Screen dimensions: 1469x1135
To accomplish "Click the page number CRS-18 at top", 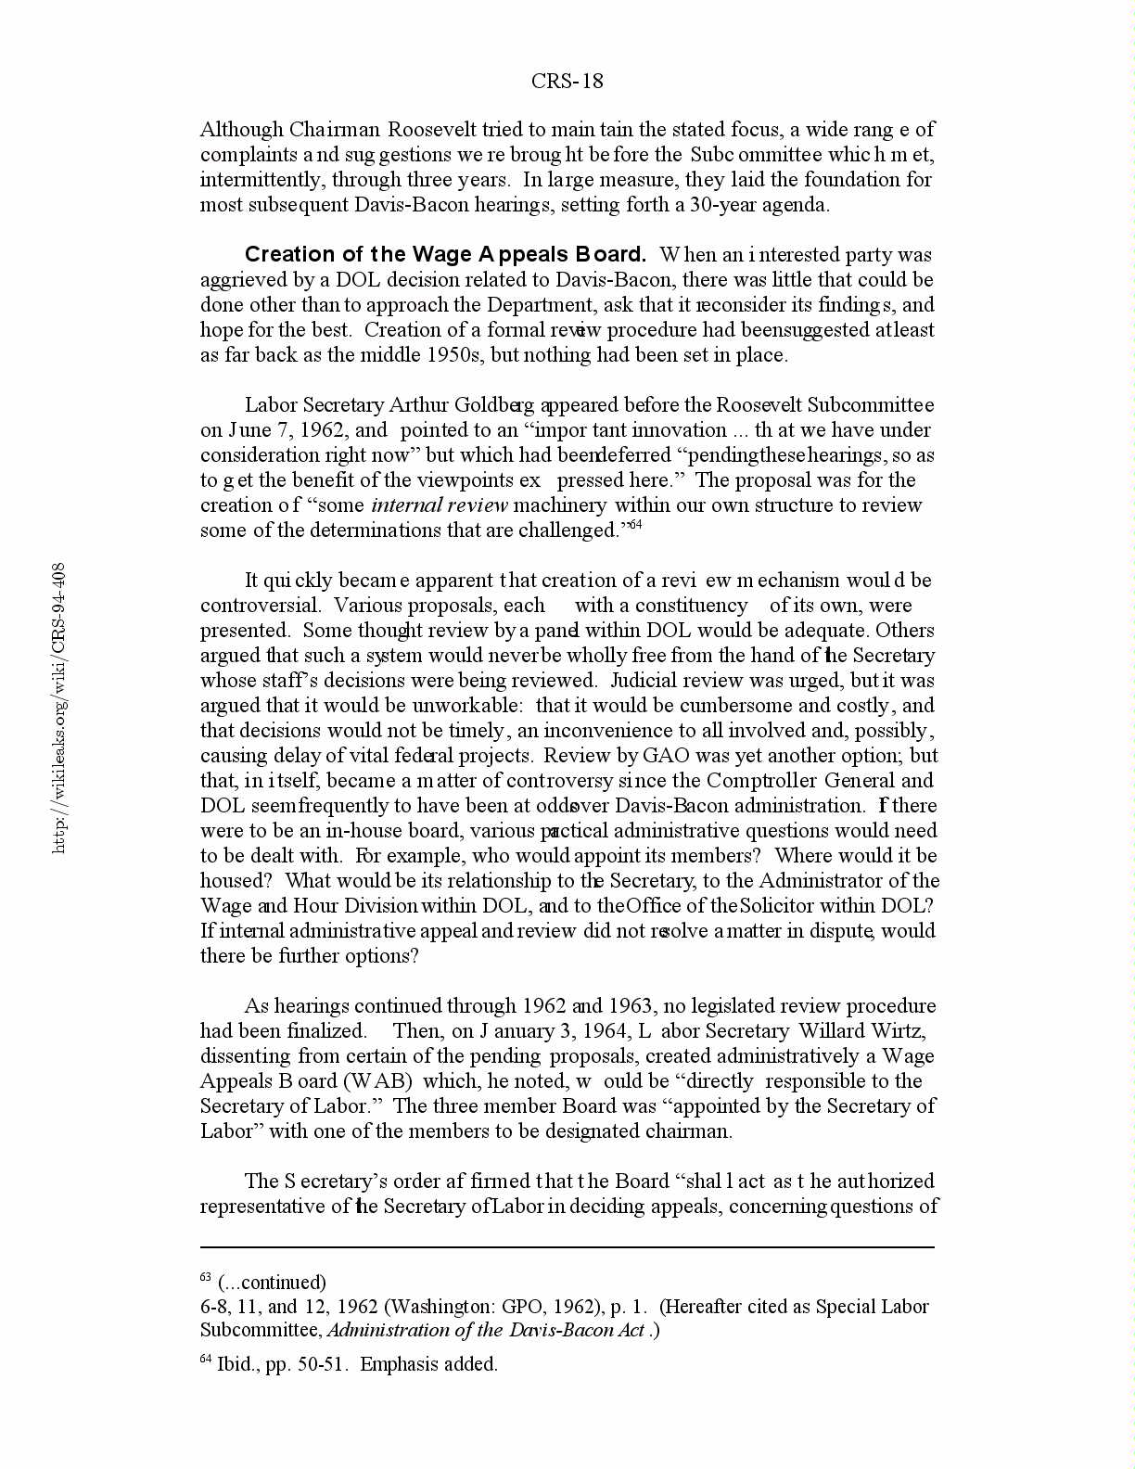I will pyautogui.click(x=567, y=82).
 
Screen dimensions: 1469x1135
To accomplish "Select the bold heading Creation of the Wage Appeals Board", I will pyautogui.click(x=445, y=255).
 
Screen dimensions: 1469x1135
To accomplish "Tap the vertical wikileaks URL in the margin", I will pyautogui.click(x=58, y=708).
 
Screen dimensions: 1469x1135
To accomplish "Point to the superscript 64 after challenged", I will pyautogui.click(x=635, y=526).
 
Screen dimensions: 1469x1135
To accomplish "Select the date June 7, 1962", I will pyautogui.click(x=281, y=430).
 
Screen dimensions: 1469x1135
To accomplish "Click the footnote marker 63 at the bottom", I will pyautogui.click(x=206, y=1279).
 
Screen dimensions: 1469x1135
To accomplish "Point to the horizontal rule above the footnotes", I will pyautogui.click(x=567, y=1247).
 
